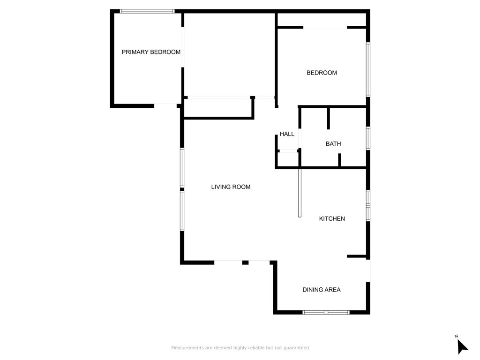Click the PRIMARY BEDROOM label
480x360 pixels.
(151, 52)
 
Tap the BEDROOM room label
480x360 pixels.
(322, 73)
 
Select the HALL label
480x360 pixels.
(287, 134)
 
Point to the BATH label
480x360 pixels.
(333, 144)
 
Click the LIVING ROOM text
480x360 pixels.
(231, 187)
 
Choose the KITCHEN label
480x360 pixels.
(332, 218)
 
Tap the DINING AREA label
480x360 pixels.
(321, 290)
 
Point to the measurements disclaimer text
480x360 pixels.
(240, 348)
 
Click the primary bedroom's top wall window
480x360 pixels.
(147, 11)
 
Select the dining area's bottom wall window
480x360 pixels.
(326, 312)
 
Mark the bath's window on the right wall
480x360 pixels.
(368, 138)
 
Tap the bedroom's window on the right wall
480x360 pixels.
(368, 69)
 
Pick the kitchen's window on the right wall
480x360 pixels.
(368, 205)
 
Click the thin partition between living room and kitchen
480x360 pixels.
(300, 192)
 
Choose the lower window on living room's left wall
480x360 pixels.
(182, 211)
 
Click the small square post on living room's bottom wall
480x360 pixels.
(245, 262)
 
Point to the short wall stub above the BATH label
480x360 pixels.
(329, 118)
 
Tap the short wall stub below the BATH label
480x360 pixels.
(340, 160)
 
